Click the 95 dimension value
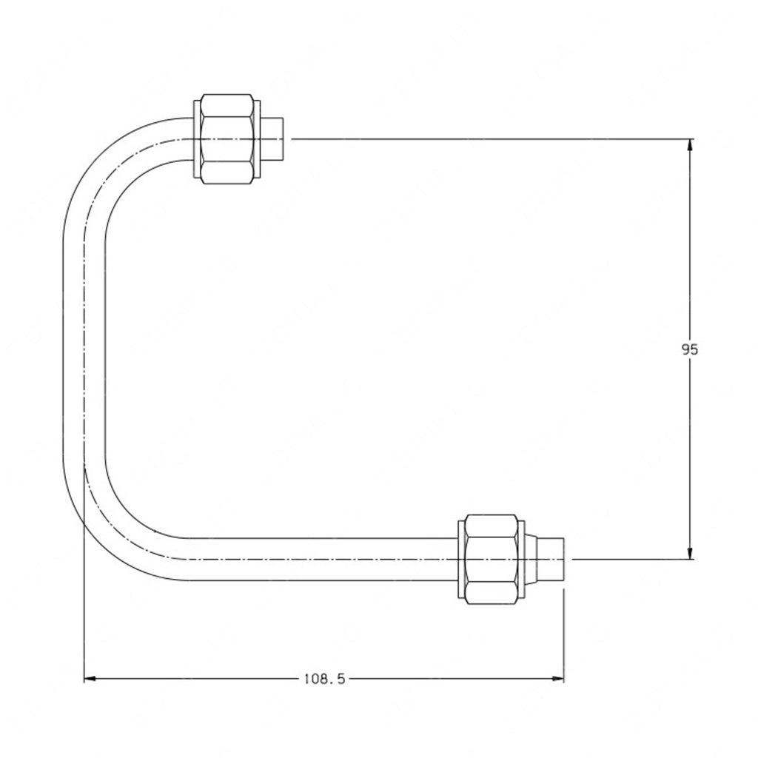[x=689, y=349]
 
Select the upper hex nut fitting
[x=229, y=138]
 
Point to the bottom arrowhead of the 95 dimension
[x=690, y=552]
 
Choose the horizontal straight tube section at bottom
[x=318, y=558]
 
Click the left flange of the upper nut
[x=196, y=138]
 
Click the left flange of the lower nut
[x=461, y=558]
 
